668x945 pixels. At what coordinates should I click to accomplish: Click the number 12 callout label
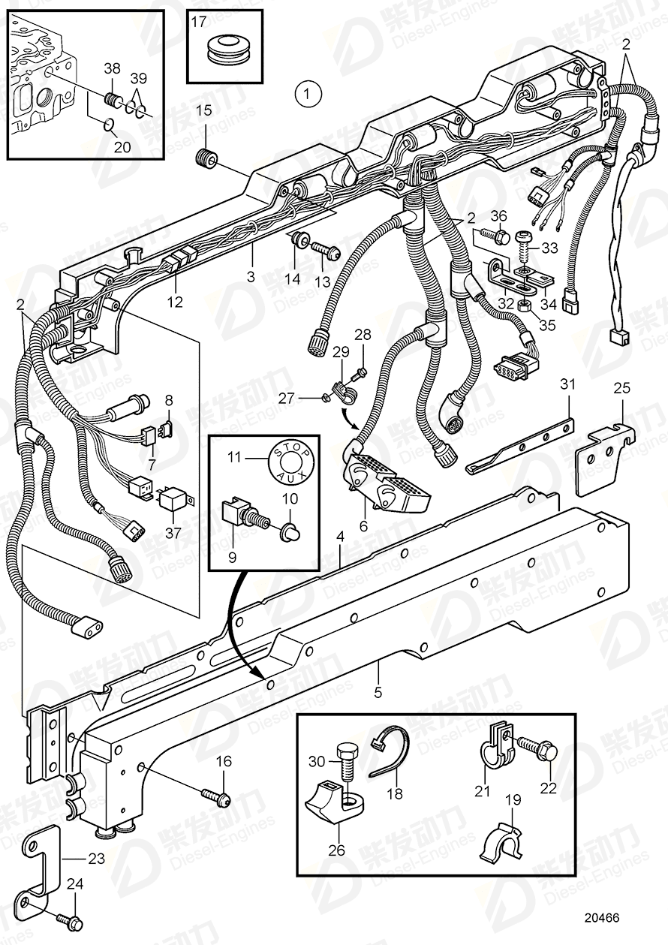(x=174, y=302)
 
